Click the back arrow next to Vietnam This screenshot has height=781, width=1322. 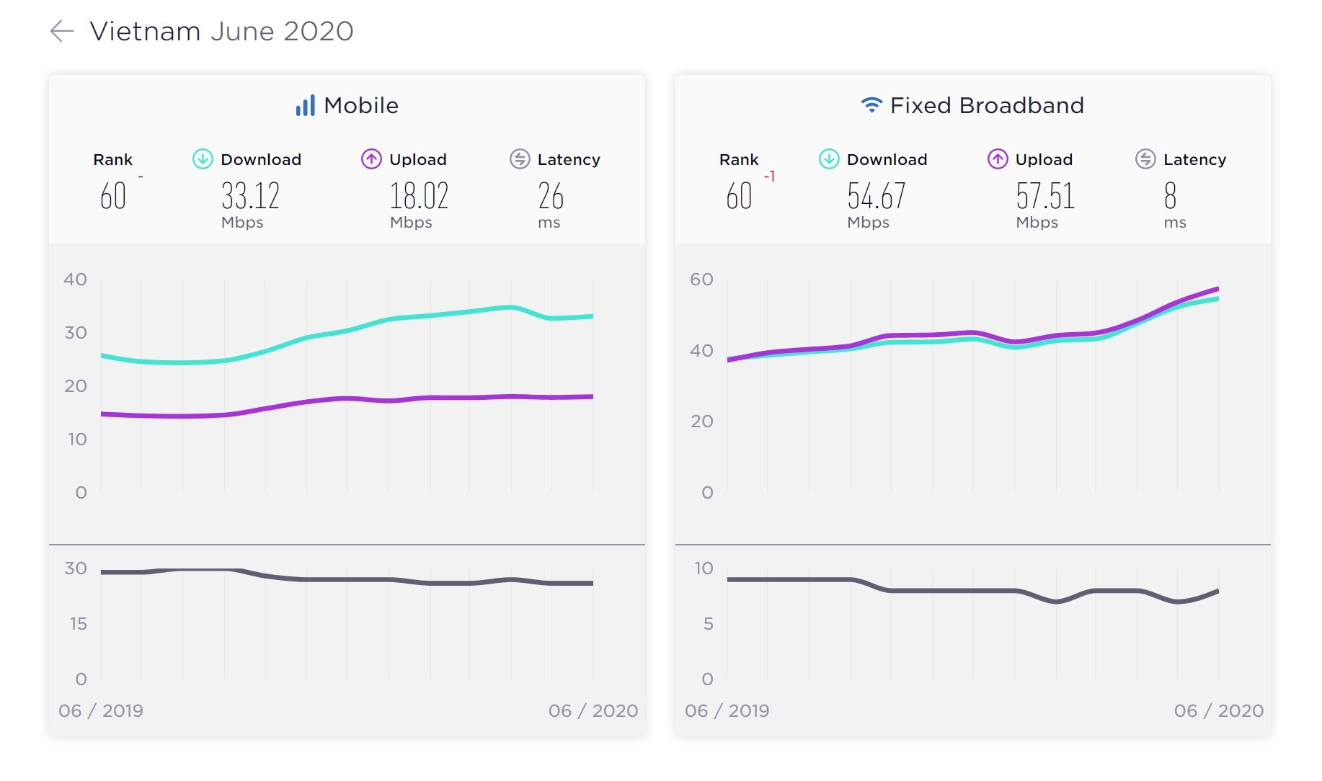pos(62,31)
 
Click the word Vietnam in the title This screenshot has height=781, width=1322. pos(145,31)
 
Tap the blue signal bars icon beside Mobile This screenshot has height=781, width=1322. pos(305,106)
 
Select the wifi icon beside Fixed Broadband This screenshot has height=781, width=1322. pos(871,105)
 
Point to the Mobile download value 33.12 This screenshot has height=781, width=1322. pos(250,196)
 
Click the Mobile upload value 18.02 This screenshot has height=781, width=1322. pos(419,196)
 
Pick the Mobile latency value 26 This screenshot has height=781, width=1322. pos(551,196)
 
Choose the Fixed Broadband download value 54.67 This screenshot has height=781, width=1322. pos(876,196)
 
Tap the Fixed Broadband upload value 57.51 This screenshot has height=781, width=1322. pos(1045,196)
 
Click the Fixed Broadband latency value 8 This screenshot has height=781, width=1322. pos(1170,196)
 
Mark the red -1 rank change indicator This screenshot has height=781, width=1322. pos(770,177)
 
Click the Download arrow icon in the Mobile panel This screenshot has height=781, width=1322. pos(203,159)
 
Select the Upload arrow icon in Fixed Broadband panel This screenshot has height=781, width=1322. pos(998,159)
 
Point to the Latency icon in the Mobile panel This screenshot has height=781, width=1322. pos(520,159)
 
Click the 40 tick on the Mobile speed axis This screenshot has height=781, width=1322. pos(76,280)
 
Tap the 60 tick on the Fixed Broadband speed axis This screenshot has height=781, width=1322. pos(701,280)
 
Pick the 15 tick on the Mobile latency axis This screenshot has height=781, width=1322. pos(78,623)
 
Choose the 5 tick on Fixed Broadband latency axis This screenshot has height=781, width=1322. pos(708,623)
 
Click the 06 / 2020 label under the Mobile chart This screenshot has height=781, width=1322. pos(593,711)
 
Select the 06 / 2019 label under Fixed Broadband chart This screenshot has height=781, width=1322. pos(727,711)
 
